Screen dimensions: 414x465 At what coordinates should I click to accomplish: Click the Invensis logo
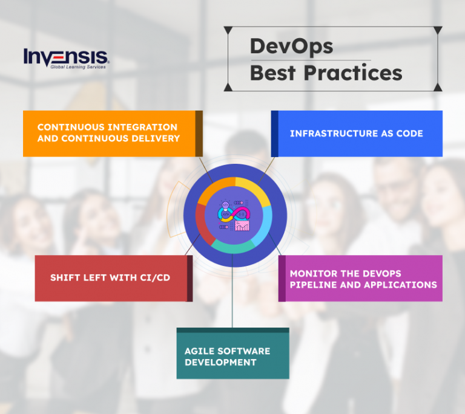click(67, 58)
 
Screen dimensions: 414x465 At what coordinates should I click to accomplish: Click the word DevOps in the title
click(291, 47)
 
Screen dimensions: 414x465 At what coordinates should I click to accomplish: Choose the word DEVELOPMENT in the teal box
click(220, 362)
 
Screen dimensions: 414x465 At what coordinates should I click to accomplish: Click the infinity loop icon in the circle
click(234, 213)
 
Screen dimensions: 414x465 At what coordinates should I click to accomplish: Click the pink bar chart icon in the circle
click(242, 227)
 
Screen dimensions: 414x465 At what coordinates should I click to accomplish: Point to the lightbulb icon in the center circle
click(225, 202)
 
